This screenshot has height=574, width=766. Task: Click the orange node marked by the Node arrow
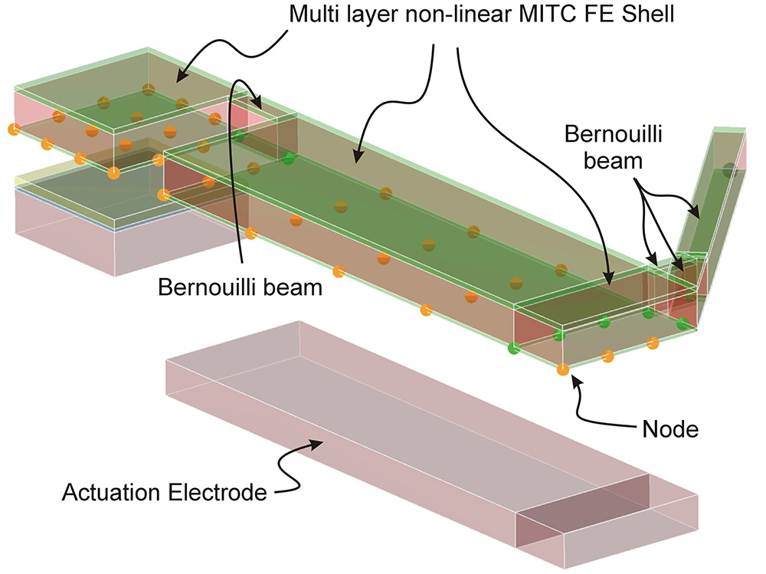coord(563,370)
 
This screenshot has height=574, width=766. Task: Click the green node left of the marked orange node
coord(514,349)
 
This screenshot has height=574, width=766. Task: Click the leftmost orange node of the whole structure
coord(11,128)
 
